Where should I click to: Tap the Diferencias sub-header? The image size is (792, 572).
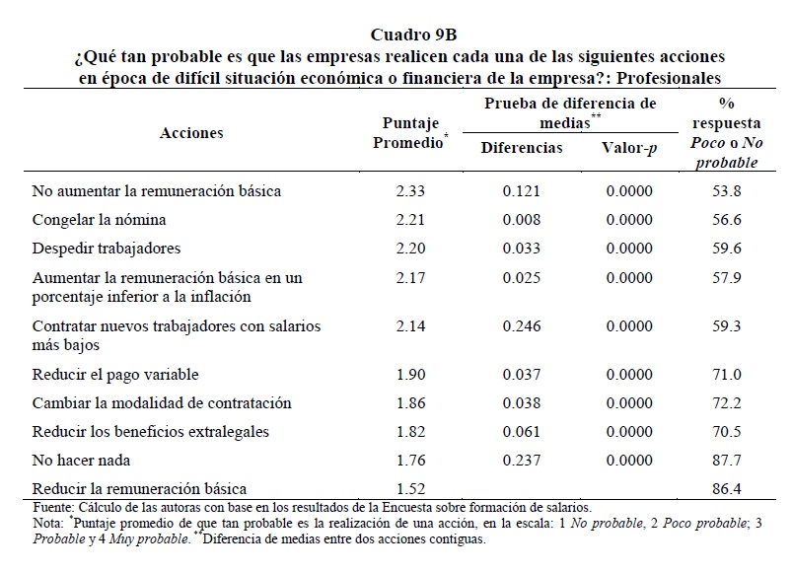tap(522, 148)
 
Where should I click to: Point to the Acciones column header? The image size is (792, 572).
tap(191, 133)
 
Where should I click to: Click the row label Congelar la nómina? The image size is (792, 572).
tap(99, 219)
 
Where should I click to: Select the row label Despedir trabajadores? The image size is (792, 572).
tap(107, 248)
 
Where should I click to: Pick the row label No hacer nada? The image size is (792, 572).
tap(81, 459)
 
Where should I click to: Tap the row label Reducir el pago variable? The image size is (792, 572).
tap(115, 374)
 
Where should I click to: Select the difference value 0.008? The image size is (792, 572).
tap(521, 219)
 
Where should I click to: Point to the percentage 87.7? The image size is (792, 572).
tap(727, 459)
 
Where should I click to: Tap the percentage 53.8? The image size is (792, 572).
tap(727, 190)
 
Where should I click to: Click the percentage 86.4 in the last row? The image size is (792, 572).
tap(727, 487)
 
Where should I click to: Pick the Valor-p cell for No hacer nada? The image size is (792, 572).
tap(629, 459)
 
